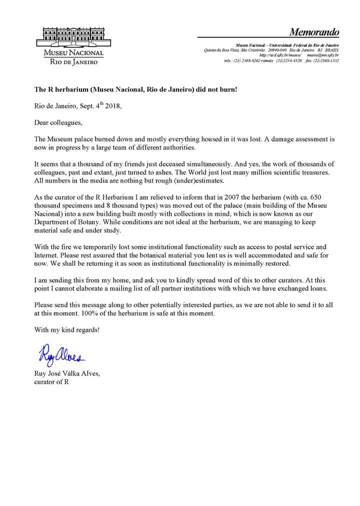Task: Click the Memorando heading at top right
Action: click(x=314, y=32)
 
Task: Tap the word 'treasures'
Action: click(x=319, y=172)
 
